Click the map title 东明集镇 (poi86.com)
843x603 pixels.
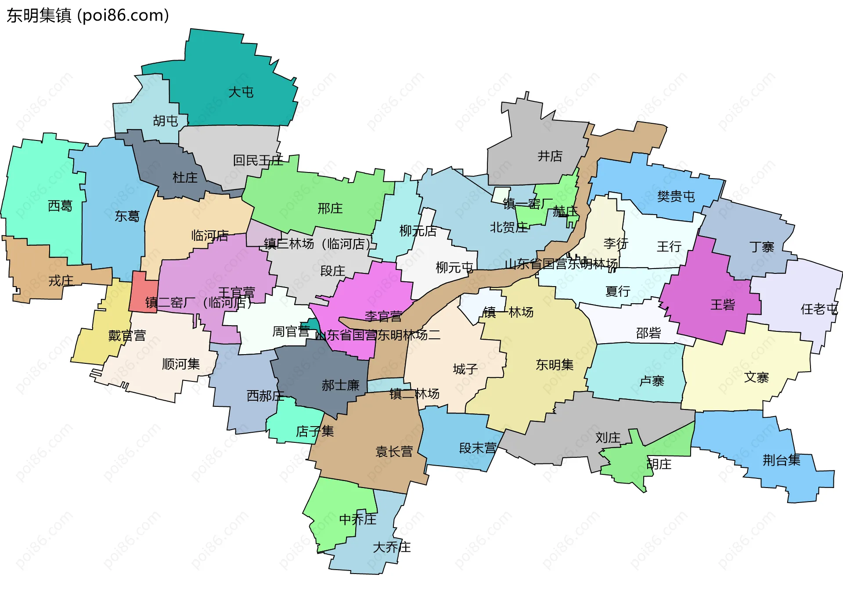pos(88,15)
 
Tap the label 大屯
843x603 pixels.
pos(241,92)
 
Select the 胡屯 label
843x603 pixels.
pos(165,121)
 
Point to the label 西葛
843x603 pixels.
pos(60,206)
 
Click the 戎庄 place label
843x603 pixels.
pos(61,281)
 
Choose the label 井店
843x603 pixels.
pos(550,156)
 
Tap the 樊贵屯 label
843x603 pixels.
pos(676,196)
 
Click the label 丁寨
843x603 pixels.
pos(761,247)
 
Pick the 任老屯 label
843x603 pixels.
pos(819,309)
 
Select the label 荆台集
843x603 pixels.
pos(781,460)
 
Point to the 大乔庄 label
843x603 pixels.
pos(391,547)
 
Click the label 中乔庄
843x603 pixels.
pos(357,520)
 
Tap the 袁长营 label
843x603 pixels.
pos(394,452)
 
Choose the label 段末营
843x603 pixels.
pos(477,448)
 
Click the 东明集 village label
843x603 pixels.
pos(554,365)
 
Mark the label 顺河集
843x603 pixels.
pos(180,364)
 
